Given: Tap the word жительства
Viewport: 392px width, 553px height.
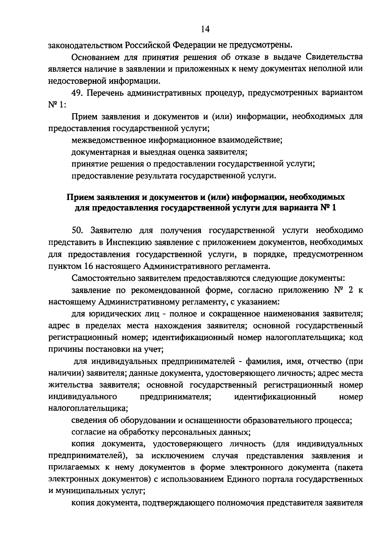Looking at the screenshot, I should click(x=69, y=385).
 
